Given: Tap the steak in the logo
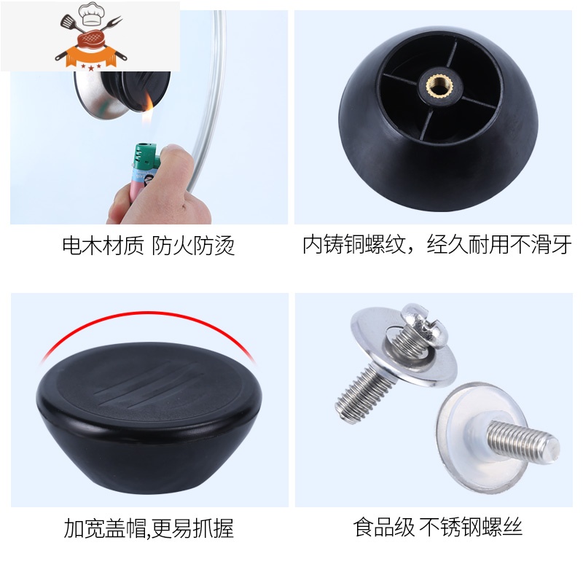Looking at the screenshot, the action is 91,39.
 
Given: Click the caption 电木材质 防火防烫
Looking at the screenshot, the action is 149,246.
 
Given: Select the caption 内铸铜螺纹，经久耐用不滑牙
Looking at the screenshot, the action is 437,245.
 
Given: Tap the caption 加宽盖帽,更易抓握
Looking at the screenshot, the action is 149,528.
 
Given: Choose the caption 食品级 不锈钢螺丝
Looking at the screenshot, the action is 438,527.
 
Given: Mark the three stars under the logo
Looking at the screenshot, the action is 91,67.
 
